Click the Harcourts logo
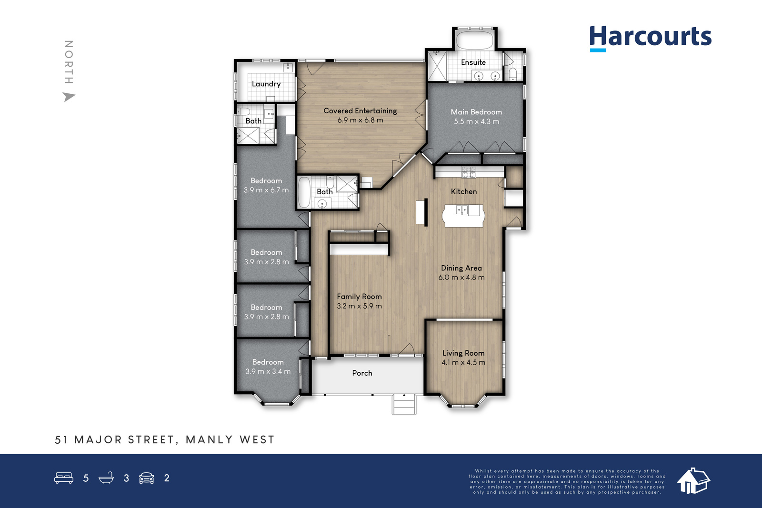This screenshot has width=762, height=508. (651, 38)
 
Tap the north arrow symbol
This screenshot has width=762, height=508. (69, 97)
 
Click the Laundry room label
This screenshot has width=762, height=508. (266, 84)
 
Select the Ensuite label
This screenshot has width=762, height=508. (473, 62)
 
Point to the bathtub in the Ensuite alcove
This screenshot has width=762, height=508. (474, 41)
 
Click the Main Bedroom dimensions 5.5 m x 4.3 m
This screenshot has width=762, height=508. (476, 121)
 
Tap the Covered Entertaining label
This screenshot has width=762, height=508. (360, 111)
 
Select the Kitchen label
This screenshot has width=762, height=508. (464, 191)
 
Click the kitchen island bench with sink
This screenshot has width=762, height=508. (463, 216)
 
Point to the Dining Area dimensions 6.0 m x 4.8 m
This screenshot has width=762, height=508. (461, 277)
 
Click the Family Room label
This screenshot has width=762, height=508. (359, 297)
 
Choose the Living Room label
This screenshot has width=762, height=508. (463, 353)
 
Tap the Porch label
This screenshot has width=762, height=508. (362, 373)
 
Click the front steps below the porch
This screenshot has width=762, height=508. (404, 404)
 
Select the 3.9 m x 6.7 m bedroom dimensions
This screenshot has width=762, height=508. (266, 190)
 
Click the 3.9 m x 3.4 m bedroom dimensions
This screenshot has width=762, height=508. (268, 371)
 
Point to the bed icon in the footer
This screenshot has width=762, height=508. (64, 478)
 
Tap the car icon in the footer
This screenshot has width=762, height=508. (147, 478)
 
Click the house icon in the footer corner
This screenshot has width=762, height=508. (693, 480)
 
